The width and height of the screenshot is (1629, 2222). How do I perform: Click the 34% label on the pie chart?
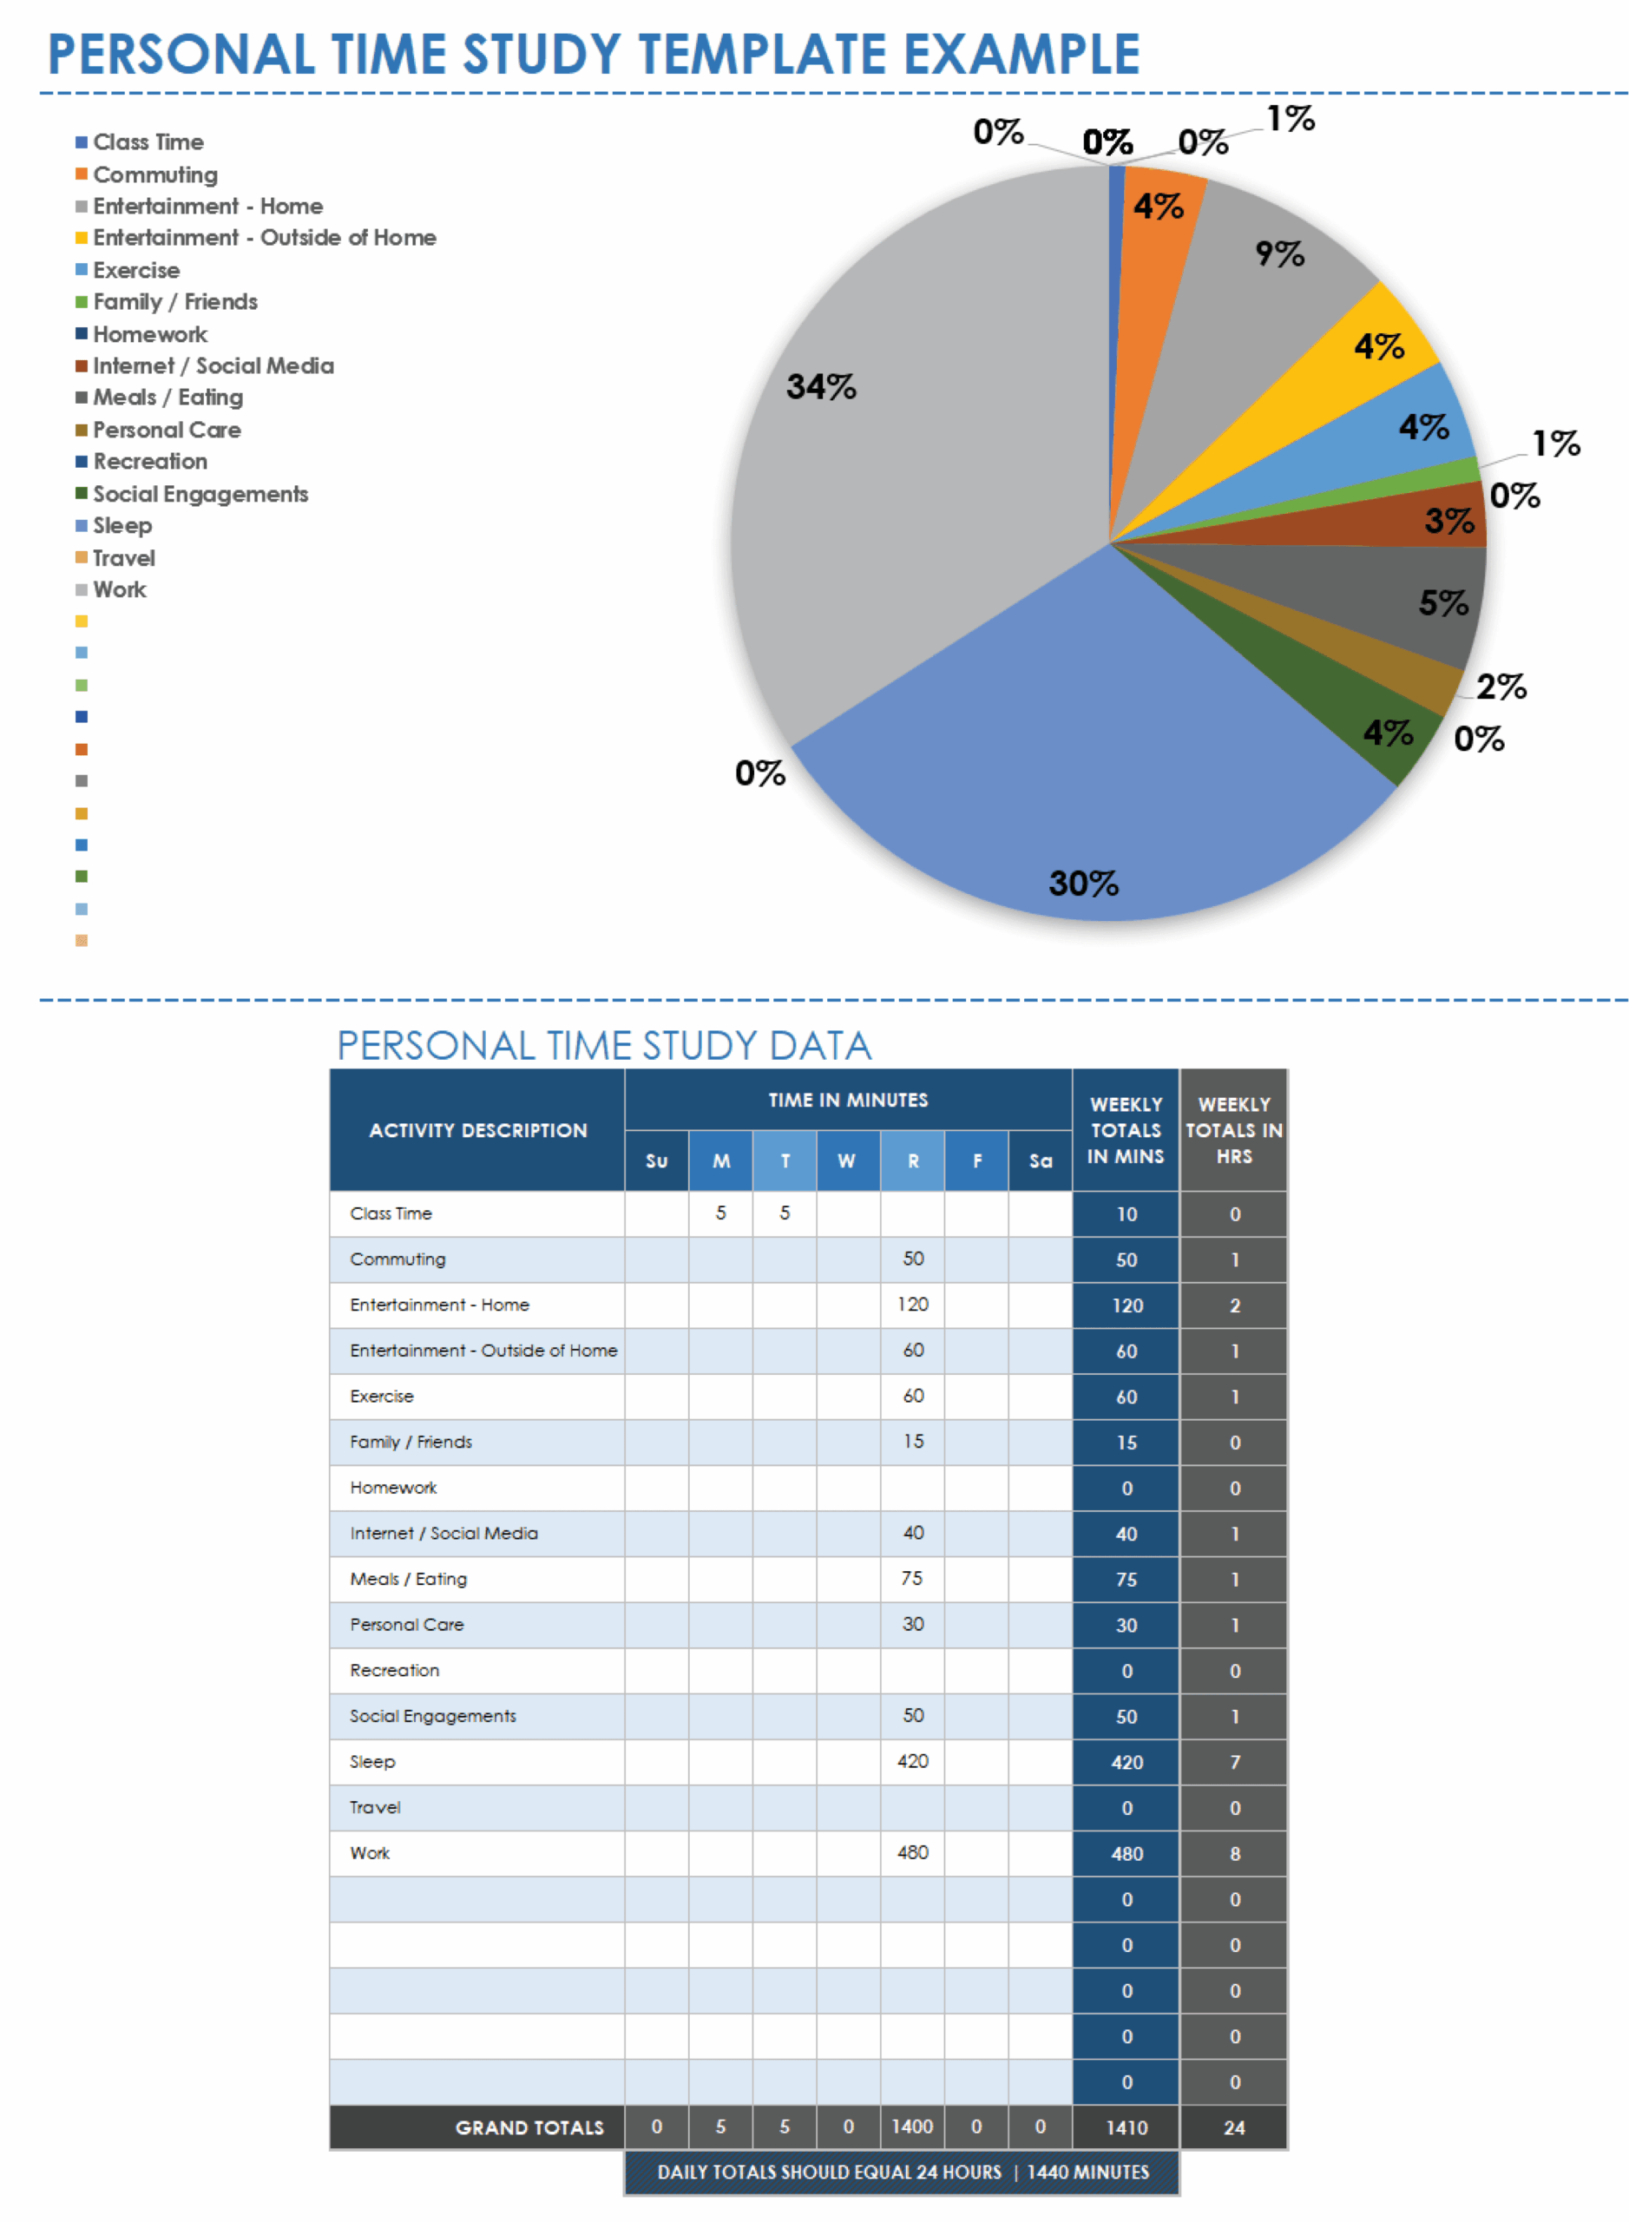[820, 385]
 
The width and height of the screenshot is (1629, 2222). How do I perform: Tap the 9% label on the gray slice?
[1279, 253]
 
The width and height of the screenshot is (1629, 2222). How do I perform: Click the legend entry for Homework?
[149, 334]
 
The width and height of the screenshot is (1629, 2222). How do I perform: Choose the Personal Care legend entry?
[166, 430]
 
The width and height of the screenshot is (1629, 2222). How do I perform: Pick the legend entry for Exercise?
[135, 270]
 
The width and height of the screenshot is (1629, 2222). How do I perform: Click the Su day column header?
[657, 1160]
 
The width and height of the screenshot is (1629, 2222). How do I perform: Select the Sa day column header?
[1041, 1160]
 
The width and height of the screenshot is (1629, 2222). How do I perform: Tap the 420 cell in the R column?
[912, 1761]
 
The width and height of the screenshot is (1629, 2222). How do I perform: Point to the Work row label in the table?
[370, 1853]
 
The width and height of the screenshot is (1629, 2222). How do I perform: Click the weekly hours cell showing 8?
[1235, 1854]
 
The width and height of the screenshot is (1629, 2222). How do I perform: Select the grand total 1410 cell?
[1127, 2127]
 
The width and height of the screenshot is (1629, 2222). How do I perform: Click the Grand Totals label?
[529, 2127]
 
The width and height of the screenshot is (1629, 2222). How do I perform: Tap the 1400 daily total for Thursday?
[912, 2127]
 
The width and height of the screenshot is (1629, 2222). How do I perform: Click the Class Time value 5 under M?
[721, 1213]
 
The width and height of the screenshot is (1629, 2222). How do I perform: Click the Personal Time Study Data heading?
[603, 1045]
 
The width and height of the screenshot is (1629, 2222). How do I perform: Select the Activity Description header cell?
[477, 1130]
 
